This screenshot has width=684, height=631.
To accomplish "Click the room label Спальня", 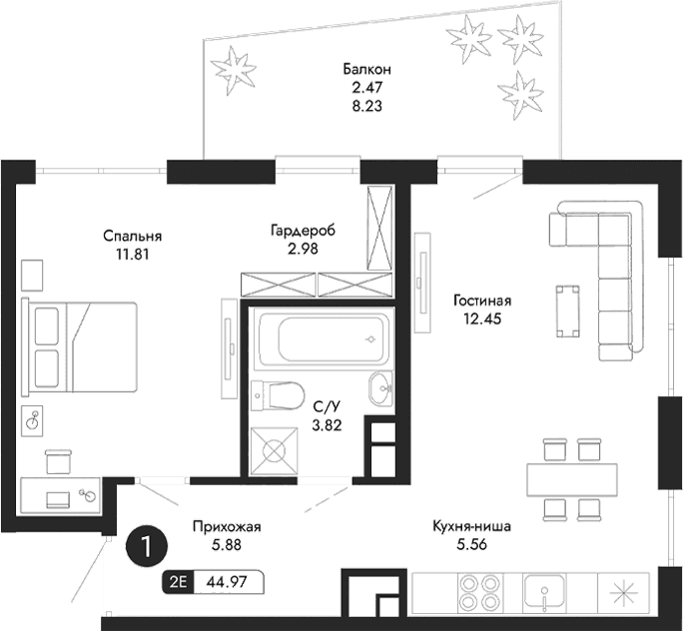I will [132, 236].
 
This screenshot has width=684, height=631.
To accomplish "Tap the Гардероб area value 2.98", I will [302, 250].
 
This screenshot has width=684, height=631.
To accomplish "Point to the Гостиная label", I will [481, 301].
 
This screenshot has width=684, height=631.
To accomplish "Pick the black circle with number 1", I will [147, 546].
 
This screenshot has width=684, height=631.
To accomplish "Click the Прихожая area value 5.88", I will [224, 545].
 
